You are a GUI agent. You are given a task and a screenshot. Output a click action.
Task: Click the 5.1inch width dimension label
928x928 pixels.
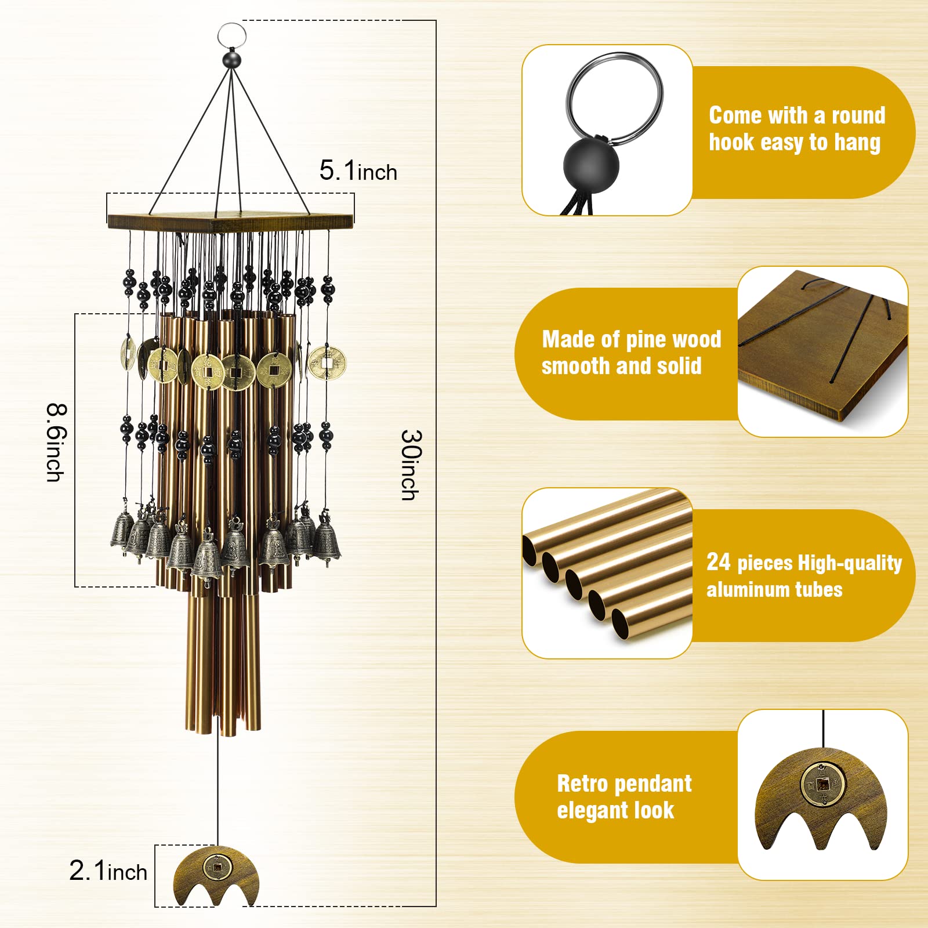tap(358, 171)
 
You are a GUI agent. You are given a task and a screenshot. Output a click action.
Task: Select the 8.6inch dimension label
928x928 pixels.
tap(56, 443)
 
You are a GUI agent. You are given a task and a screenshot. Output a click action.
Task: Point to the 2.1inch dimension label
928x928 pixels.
tap(108, 871)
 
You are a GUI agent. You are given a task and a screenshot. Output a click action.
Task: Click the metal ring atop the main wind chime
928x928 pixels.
tap(232, 24)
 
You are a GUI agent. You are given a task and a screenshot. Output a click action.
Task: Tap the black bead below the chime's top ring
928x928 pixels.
tap(232, 60)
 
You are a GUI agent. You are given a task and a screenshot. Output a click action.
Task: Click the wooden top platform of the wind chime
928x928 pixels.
tap(230, 220)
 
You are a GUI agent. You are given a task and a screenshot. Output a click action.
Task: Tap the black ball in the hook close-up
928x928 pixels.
tap(591, 165)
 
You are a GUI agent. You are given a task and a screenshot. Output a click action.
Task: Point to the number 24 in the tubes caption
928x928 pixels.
tap(718, 562)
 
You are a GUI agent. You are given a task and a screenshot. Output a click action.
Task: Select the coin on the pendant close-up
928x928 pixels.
tap(822, 784)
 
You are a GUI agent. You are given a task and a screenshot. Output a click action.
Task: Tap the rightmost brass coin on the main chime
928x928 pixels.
tap(327, 363)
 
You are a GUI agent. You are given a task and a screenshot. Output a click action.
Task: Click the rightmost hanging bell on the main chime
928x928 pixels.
tap(327, 541)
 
